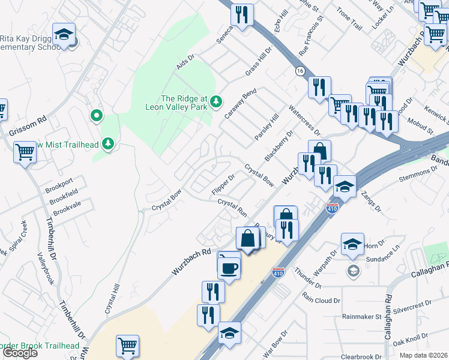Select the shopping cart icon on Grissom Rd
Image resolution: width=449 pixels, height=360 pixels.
25,152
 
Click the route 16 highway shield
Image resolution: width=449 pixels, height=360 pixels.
299,71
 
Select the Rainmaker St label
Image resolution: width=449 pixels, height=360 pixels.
361,316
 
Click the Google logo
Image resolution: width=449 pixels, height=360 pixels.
20,352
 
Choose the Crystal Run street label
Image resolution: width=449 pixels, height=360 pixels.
232,208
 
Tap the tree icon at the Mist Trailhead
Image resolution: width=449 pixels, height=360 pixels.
109,143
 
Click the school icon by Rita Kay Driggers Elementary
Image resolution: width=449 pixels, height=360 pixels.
63,35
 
